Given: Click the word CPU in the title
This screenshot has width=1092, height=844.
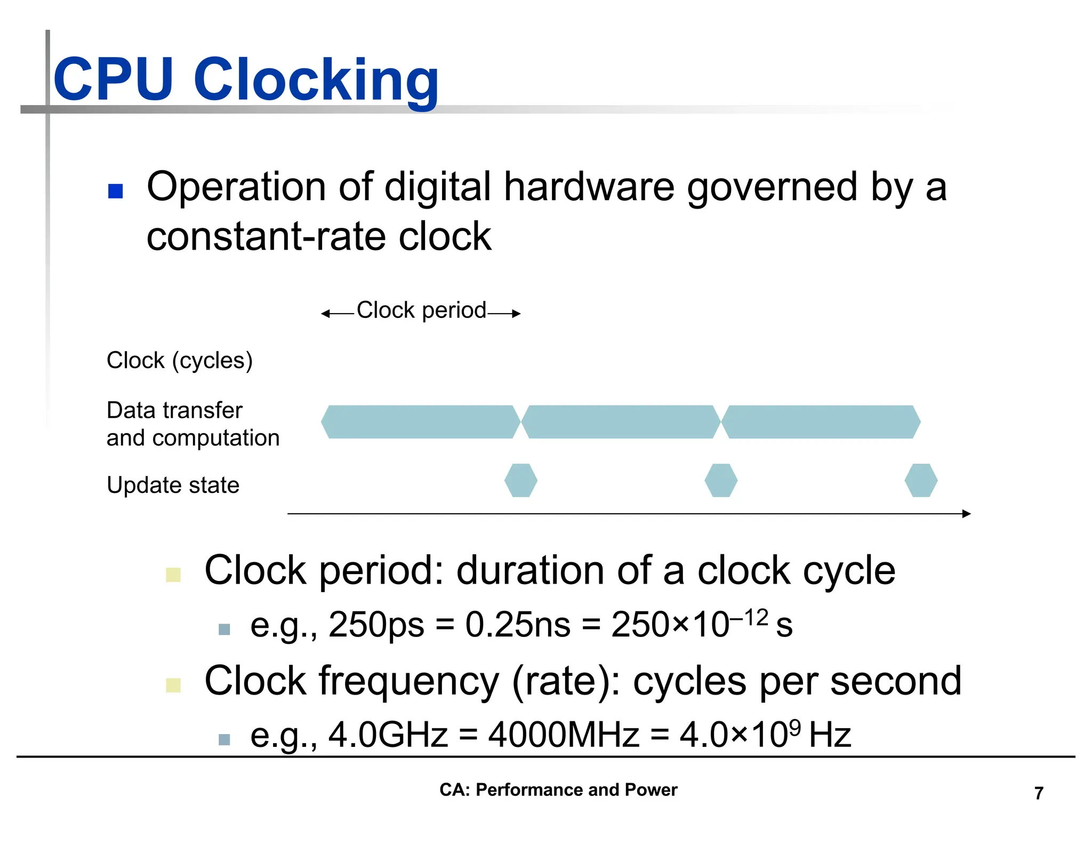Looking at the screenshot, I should [113, 80].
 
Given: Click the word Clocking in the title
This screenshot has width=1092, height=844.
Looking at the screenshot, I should [316, 81].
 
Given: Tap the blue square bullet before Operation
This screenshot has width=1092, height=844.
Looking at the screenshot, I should [115, 191].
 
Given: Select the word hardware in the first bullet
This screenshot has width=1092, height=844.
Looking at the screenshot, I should [589, 187].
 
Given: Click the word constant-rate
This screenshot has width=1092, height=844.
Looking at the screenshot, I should [266, 237].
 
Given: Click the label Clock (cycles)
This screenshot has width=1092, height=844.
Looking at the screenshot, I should [179, 361].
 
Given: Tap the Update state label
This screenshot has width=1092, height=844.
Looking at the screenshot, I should [173, 485].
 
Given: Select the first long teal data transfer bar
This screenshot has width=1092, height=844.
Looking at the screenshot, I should [420, 422].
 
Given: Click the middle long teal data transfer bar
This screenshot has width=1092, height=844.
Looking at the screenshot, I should [621, 422].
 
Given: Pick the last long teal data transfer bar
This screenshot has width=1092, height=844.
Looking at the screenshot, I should [821, 422].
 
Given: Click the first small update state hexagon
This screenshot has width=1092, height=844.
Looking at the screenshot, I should [521, 480].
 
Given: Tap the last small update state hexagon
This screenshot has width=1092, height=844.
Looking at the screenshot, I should [921, 480].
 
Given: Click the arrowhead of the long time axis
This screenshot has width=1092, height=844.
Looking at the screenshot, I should [967, 514].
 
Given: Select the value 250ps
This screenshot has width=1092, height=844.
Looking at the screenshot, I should [376, 625].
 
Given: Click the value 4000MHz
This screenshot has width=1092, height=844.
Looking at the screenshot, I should [564, 735].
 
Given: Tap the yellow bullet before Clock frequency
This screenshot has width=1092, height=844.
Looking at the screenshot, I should [173, 685].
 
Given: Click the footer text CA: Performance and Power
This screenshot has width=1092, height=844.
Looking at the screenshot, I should [558, 790].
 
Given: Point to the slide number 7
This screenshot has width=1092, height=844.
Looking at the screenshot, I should [1039, 793].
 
